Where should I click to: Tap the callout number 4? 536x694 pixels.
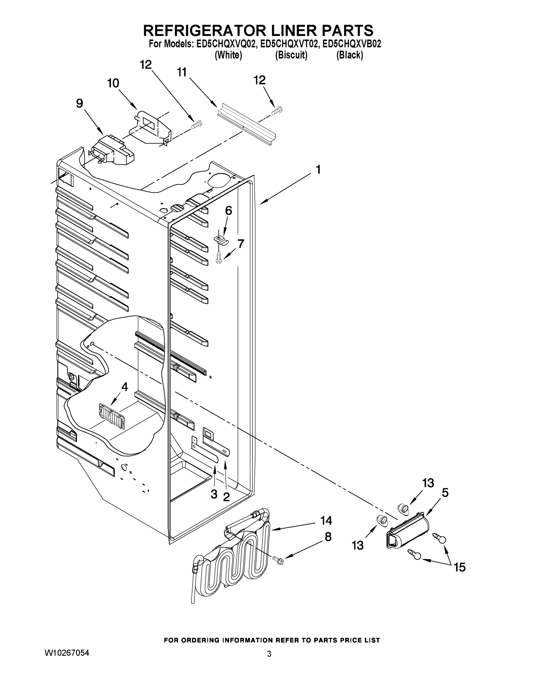(x=125, y=387)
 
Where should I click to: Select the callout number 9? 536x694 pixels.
(x=79, y=103)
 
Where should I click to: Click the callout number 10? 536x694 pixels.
(x=113, y=83)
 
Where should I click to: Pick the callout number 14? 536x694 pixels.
(x=326, y=520)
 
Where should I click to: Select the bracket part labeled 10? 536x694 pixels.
(x=152, y=127)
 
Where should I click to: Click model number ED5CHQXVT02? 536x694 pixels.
(x=289, y=44)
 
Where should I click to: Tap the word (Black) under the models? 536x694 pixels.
(x=350, y=55)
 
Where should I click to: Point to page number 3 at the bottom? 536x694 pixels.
(x=269, y=654)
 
